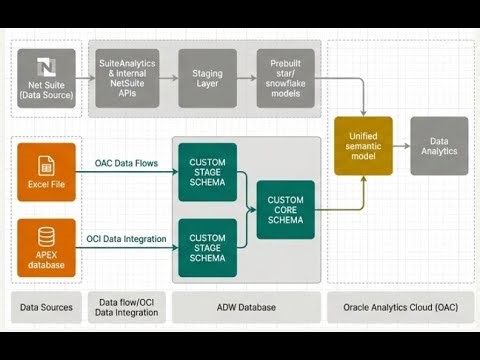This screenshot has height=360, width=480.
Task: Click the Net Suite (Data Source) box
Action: click(x=46, y=78)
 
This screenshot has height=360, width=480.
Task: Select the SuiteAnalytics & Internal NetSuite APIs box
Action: click(x=126, y=78)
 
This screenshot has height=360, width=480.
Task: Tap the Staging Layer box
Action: click(x=207, y=78)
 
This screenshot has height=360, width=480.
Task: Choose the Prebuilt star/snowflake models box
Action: click(x=286, y=78)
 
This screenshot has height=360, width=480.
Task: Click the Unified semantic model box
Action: click(x=363, y=146)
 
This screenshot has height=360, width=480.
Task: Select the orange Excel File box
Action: click(x=46, y=172)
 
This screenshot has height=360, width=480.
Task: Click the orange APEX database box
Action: click(x=46, y=247)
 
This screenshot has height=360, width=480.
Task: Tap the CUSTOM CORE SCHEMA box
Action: click(x=285, y=209)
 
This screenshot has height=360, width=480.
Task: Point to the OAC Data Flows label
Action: click(x=126, y=163)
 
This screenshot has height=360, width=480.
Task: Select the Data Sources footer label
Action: click(x=46, y=307)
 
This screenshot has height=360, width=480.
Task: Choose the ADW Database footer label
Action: click(x=246, y=307)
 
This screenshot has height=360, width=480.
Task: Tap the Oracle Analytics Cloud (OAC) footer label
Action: click(x=397, y=307)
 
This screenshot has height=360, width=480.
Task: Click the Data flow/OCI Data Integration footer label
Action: click(x=129, y=307)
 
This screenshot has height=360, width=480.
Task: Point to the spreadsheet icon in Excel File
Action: click(x=46, y=164)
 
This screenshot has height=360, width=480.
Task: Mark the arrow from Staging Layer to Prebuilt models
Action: click(x=246, y=78)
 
